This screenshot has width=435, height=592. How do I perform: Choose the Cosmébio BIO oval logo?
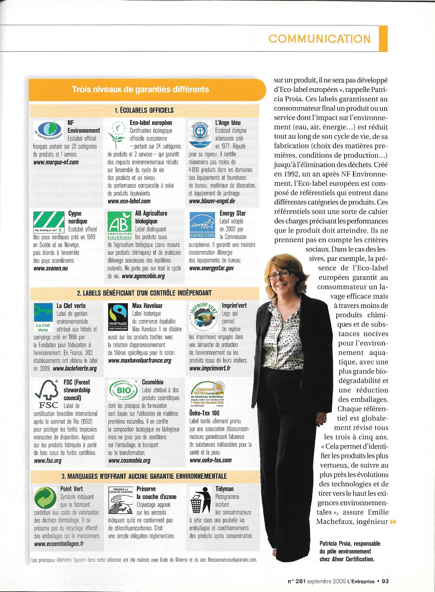123,392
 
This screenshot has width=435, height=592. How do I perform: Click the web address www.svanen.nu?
51,269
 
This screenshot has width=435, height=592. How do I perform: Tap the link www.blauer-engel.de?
212,201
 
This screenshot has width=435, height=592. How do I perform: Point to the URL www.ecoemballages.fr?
59,544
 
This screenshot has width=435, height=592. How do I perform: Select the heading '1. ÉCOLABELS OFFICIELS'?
144,110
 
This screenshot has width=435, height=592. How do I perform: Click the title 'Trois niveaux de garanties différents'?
141,89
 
